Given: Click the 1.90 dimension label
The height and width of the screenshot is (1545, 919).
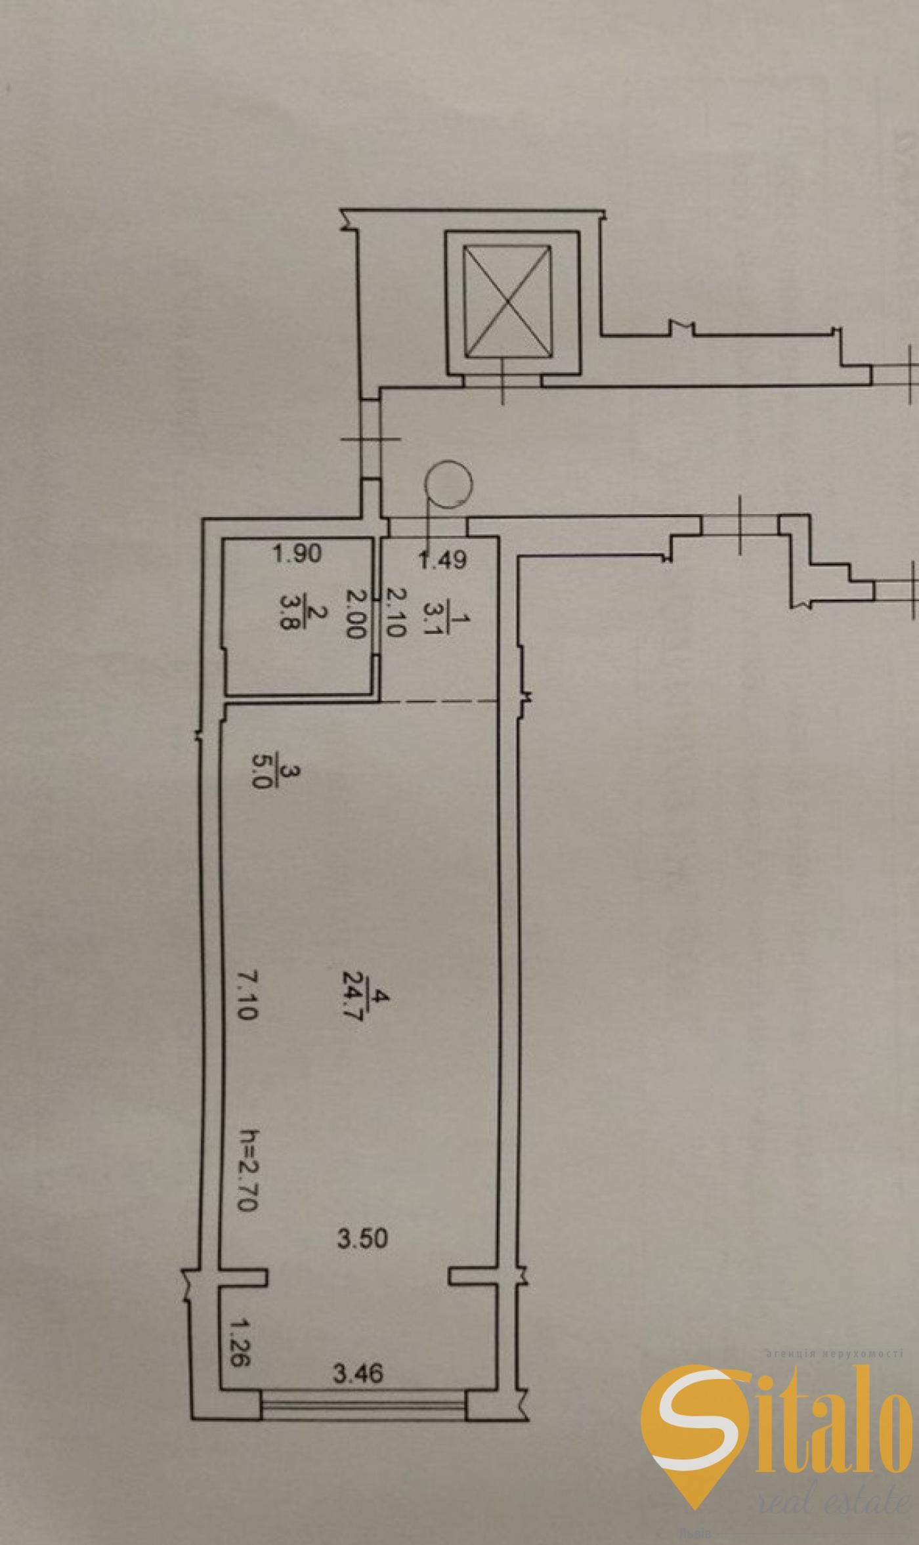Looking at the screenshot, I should pos(297,554).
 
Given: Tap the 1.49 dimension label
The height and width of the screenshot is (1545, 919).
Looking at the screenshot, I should pos(442,559).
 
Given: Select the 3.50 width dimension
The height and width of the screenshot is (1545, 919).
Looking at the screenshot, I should pos(362,1238).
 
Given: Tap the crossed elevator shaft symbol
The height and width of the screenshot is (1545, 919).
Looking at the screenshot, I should pos(506,302).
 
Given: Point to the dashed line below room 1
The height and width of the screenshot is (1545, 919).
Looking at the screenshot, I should pos(438,702).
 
